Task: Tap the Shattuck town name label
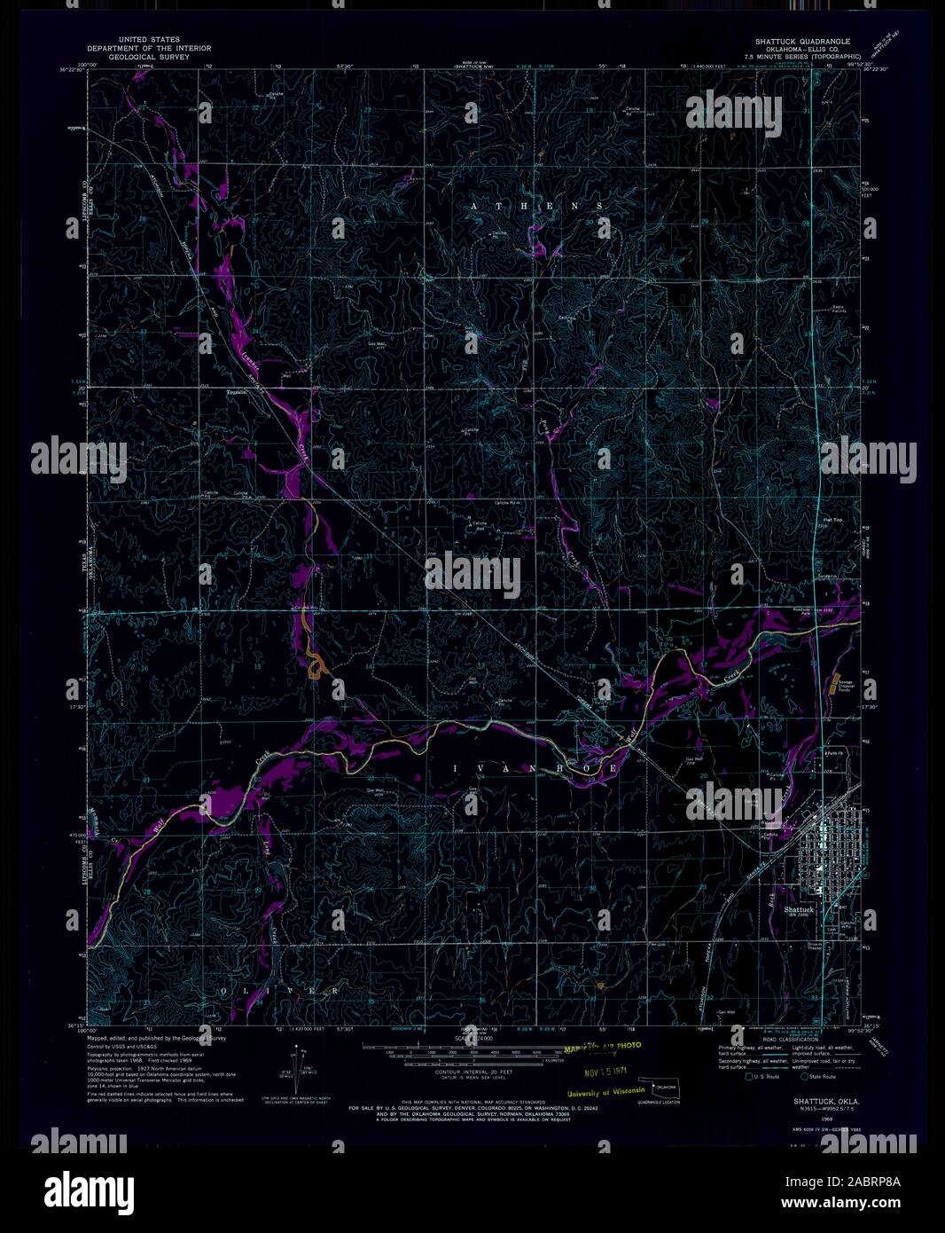[x=799, y=909]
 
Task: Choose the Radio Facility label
[x=839, y=309]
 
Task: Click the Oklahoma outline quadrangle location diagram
[x=664, y=1085]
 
